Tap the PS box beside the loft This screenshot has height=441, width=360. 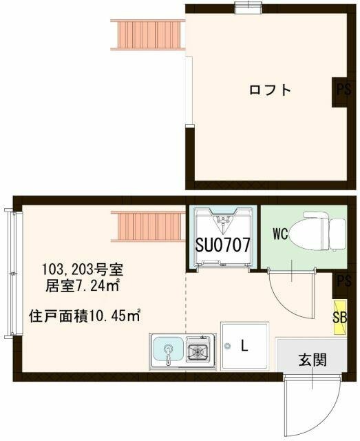[343, 90]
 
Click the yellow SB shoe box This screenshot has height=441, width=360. [339, 318]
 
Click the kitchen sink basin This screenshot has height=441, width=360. [167, 351]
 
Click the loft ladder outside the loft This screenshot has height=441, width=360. [147, 34]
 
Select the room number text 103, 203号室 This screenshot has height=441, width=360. [83, 268]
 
